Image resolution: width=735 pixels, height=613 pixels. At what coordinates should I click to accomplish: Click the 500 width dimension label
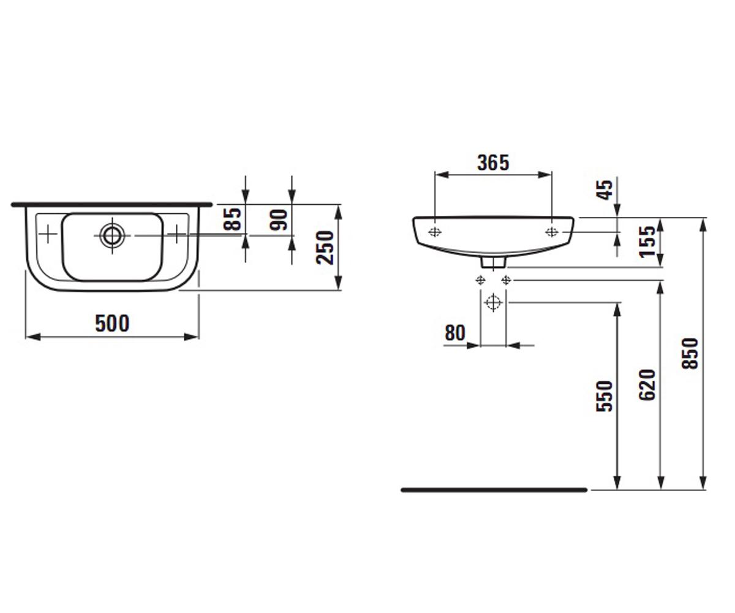pyautogui.click(x=112, y=324)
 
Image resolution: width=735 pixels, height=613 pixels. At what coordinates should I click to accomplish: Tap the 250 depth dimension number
pyautogui.click(x=325, y=247)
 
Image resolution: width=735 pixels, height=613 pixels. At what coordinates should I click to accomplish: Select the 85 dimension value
pyautogui.click(x=233, y=219)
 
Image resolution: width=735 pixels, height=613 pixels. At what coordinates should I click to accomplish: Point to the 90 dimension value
pyautogui.click(x=279, y=220)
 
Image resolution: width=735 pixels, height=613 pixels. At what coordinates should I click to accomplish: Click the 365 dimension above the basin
pyautogui.click(x=493, y=163)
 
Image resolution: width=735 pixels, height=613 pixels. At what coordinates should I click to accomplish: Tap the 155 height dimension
pyautogui.click(x=647, y=242)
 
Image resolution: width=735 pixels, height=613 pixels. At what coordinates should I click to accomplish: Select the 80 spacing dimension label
pyautogui.click(x=455, y=333)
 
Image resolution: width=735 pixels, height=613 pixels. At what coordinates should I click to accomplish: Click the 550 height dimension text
pyautogui.click(x=605, y=396)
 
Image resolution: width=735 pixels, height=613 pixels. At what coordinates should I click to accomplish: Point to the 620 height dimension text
pyautogui.click(x=647, y=385)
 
